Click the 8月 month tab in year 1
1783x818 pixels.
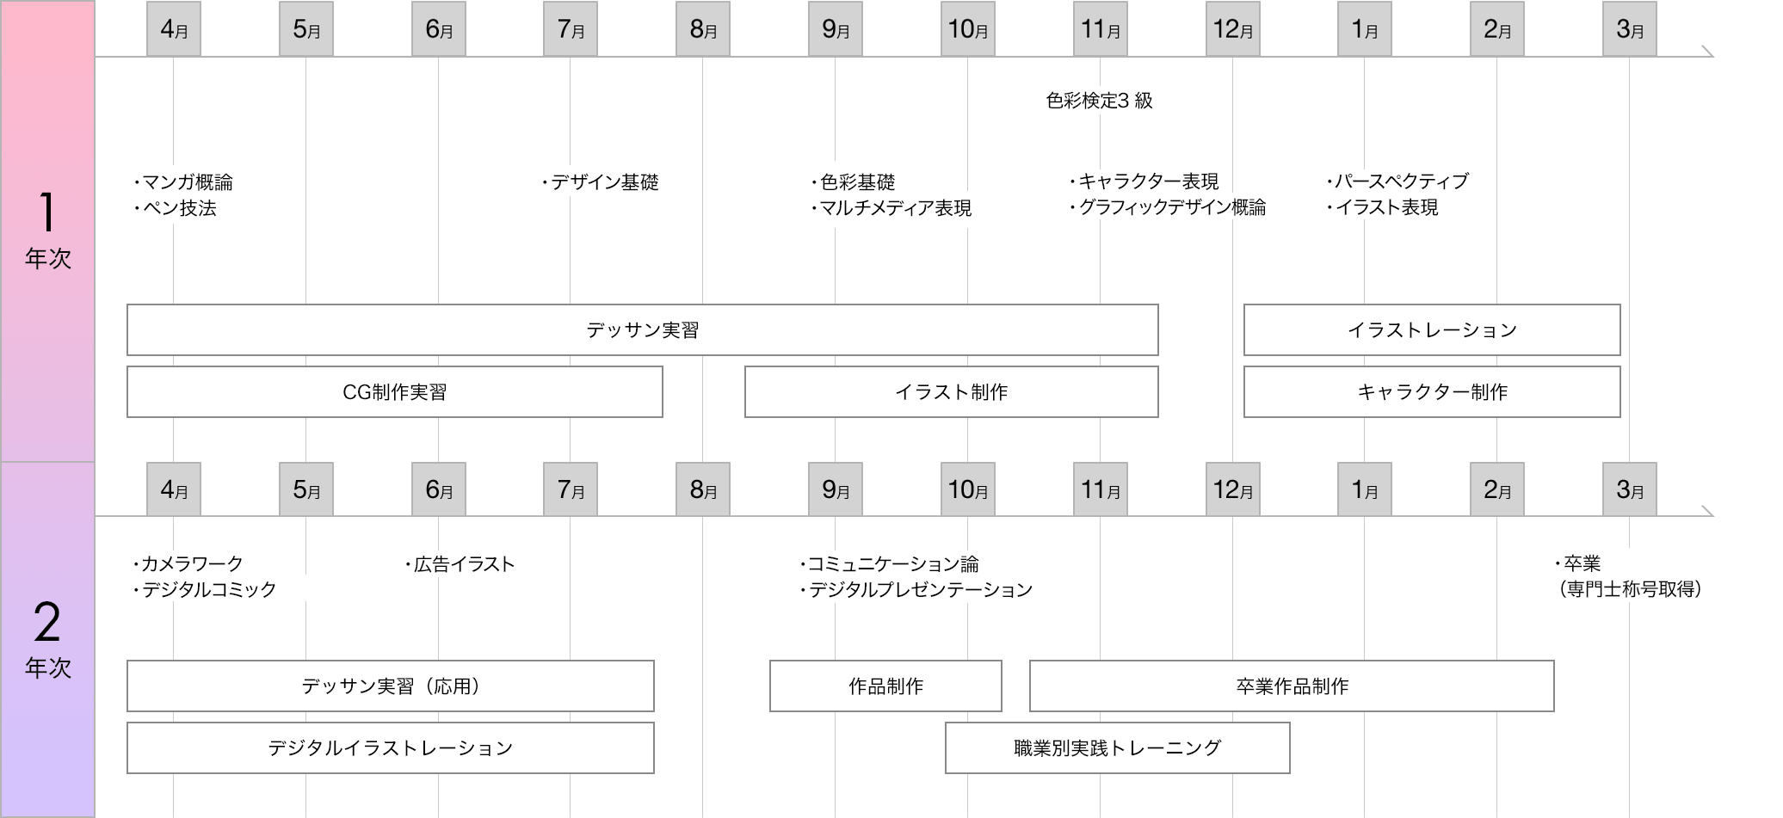703,29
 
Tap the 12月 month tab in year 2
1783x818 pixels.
1232,489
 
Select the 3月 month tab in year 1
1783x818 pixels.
1629,29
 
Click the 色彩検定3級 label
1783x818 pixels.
1099,101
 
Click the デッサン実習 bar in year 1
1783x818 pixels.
642,329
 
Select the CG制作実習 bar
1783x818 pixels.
394,391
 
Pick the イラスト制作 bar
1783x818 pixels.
951,391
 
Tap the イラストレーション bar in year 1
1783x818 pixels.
1432,329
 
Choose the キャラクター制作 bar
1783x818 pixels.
1432,391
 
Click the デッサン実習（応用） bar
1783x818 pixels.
390,686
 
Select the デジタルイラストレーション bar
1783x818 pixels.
390,747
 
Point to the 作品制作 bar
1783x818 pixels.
885,686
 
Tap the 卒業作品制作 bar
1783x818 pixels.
1292,686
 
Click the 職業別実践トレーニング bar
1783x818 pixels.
1117,747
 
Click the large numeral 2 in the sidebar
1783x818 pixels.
47,622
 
